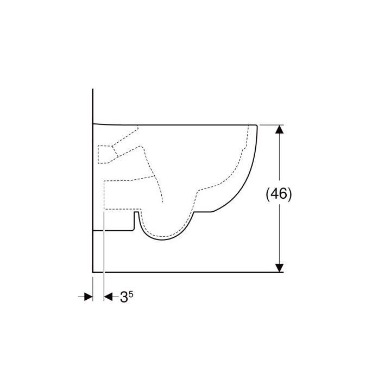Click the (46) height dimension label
point(279,193)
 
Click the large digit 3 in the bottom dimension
point(124,297)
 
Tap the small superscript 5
point(131,294)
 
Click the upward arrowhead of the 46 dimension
point(280,129)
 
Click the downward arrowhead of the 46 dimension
point(280,268)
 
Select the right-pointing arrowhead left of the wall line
point(89,297)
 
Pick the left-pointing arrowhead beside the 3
point(108,297)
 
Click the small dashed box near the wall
point(105,154)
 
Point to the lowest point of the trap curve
point(162,240)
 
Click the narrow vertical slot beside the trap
point(136,220)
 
